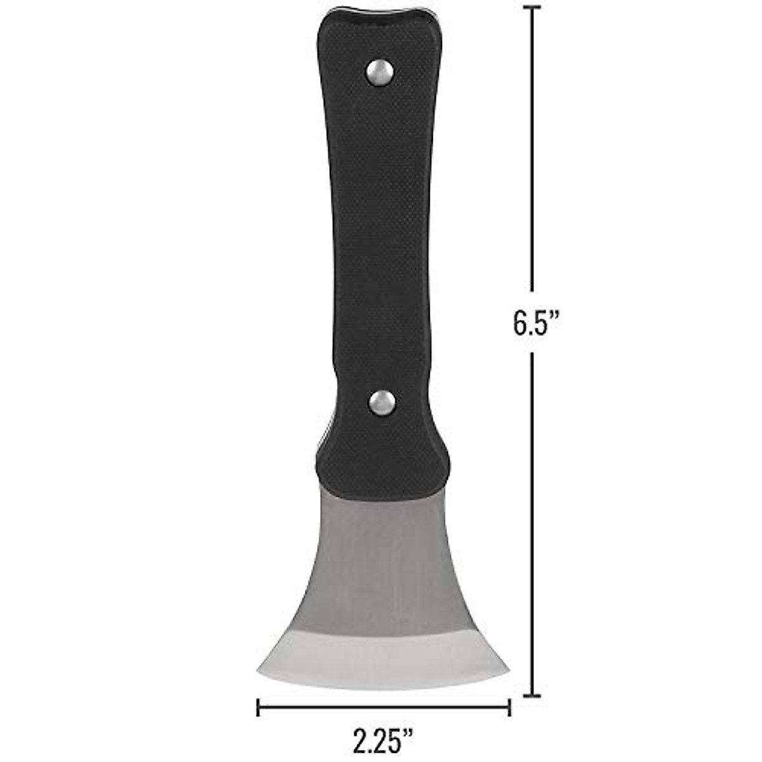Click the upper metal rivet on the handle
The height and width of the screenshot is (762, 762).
pyautogui.click(x=380, y=72)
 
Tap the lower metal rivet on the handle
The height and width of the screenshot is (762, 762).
pyautogui.click(x=382, y=403)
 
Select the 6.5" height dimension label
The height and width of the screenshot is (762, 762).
pyautogui.click(x=535, y=323)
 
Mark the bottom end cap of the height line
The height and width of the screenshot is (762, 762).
pyautogui.click(x=531, y=696)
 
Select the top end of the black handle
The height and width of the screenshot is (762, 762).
pyautogui.click(x=378, y=19)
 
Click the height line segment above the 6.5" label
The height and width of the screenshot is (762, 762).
pyautogui.click(x=531, y=152)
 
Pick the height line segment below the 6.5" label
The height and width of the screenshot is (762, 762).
pyautogui.click(x=531, y=521)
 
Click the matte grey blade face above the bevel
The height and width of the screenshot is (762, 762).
pyautogui.click(x=381, y=559)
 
